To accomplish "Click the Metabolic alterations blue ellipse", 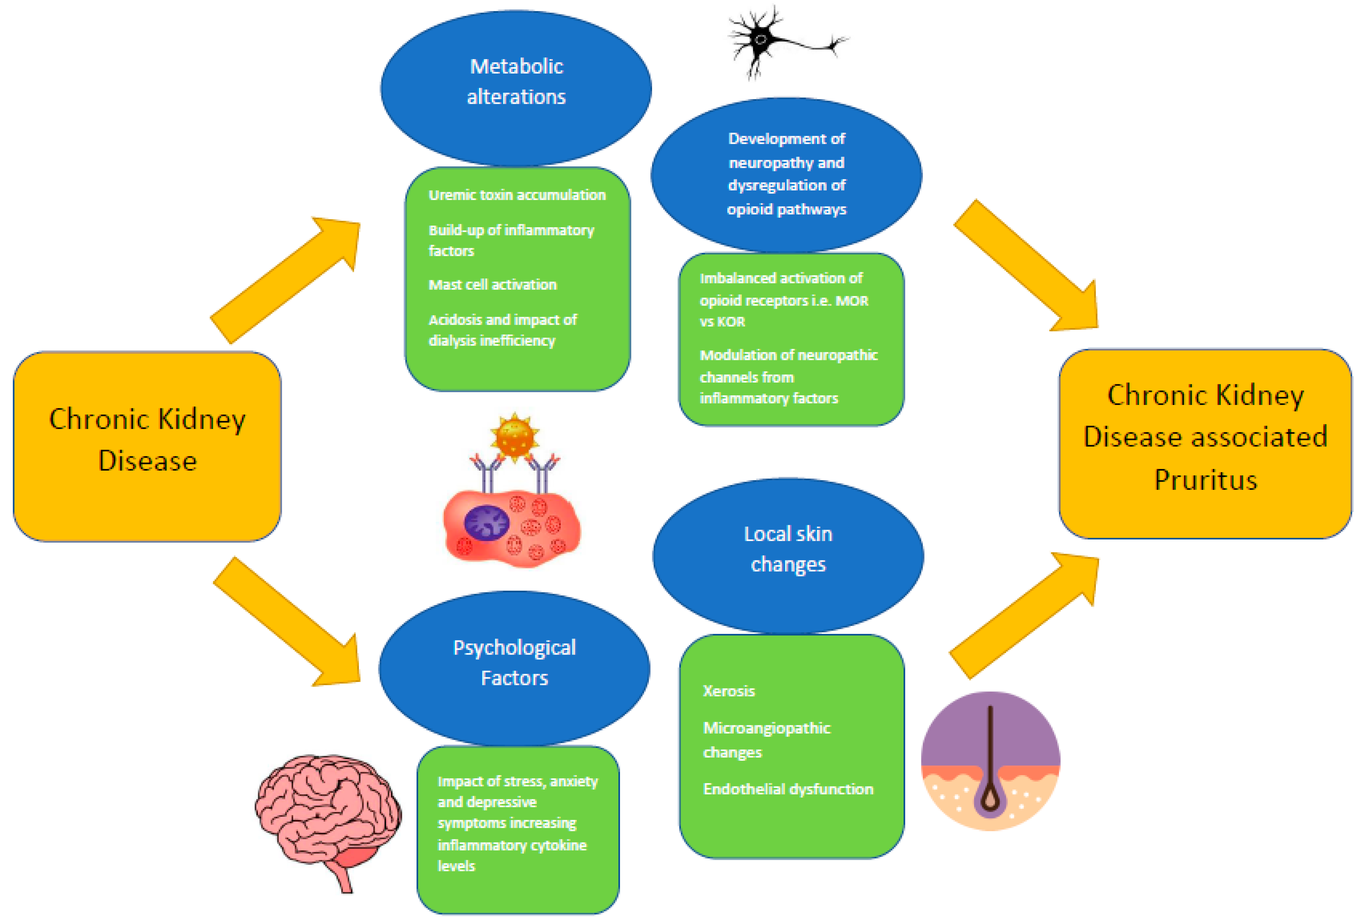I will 516,88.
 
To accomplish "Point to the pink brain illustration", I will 328,813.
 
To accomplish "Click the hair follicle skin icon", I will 990,761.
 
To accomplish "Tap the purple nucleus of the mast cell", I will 485,522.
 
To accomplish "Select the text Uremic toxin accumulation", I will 517,195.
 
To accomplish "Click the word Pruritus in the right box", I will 1205,480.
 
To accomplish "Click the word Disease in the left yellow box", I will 147,461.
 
